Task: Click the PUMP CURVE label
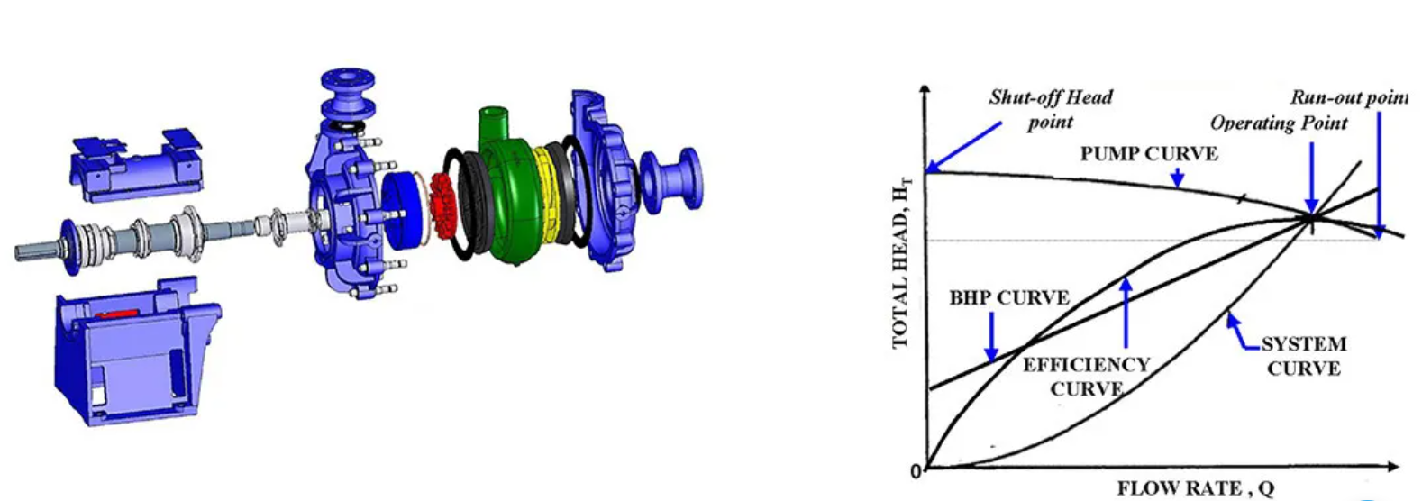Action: click(1148, 154)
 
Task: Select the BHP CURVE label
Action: click(1008, 298)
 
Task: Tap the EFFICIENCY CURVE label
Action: click(1086, 377)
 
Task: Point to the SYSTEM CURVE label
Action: click(1303, 356)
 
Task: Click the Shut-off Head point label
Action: click(1050, 109)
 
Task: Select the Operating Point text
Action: click(1278, 123)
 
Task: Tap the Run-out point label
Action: click(1348, 97)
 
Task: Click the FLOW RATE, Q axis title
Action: click(1196, 488)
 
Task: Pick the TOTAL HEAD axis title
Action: click(900, 261)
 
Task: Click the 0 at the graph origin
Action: click(916, 470)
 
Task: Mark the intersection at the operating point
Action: click(1312, 216)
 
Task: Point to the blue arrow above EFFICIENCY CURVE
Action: click(1126, 311)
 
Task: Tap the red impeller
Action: click(443, 202)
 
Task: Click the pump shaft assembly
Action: click(135, 238)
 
